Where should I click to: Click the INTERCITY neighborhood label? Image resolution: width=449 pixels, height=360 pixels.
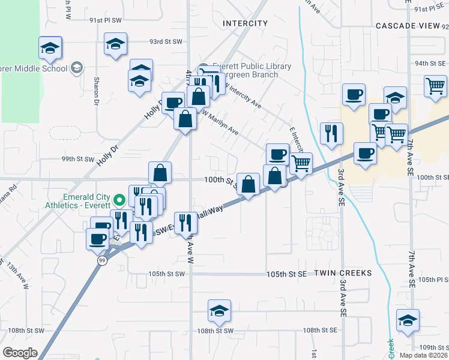coord(245,23)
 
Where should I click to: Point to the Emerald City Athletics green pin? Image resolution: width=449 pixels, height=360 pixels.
coord(119,198)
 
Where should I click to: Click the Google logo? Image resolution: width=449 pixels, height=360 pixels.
coord(20,353)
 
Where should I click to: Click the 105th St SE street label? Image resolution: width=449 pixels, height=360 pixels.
coord(287,274)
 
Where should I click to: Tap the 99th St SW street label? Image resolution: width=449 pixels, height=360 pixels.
coord(78,160)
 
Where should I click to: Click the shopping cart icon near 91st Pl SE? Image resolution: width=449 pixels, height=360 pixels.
coord(435,85)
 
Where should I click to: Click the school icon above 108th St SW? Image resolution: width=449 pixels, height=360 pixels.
coord(219,310)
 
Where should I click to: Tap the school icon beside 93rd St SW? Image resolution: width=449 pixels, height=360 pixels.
coord(115,43)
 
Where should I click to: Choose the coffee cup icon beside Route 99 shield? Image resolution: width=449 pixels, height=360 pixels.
coord(97,239)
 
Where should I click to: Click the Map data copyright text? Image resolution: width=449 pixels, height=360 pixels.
coord(423,355)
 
